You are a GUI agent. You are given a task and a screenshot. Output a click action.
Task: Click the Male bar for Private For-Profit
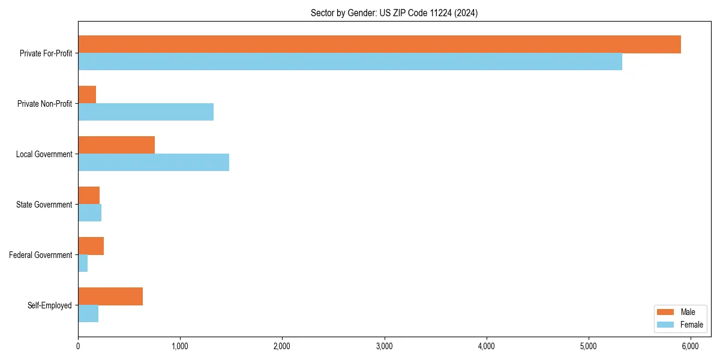click(379, 44)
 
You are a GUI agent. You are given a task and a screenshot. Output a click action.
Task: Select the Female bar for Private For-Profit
click(350, 62)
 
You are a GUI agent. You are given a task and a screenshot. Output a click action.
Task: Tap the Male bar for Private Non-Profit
click(87, 95)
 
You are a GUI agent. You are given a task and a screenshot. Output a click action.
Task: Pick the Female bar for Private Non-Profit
click(146, 112)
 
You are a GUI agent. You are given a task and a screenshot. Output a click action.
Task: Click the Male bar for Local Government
click(116, 145)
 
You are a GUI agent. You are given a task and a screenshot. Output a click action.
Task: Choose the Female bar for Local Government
click(154, 163)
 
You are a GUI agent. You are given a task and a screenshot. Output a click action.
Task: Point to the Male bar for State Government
click(89, 196)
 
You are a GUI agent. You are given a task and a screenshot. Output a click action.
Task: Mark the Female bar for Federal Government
click(83, 263)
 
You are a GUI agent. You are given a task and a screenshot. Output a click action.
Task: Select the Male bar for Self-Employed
click(110, 296)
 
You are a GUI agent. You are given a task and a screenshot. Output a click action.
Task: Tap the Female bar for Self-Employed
click(88, 314)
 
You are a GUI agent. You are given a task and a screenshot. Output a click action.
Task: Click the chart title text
click(394, 13)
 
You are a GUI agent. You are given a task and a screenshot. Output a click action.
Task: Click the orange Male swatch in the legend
click(666, 312)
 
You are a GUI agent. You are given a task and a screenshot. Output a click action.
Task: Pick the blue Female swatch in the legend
click(666, 325)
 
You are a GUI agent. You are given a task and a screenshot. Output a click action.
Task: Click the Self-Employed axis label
click(49, 305)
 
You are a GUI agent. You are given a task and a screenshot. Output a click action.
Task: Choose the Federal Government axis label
click(40, 255)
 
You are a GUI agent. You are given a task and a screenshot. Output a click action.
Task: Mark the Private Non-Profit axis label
click(44, 104)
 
